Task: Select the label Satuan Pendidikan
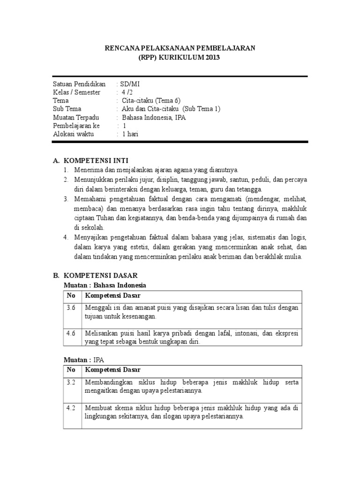coord(79,84)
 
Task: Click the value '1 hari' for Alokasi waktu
coord(130,135)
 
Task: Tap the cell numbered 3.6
coord(71,307)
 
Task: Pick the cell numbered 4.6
coord(71,333)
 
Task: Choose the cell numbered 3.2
coord(71,382)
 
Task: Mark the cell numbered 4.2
coord(71,408)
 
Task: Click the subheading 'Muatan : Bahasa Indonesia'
coord(105,285)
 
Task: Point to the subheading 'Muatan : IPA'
coord(84,360)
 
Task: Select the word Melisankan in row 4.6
coord(101,333)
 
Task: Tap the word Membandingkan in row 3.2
coord(109,382)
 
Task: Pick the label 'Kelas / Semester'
coord(76,92)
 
